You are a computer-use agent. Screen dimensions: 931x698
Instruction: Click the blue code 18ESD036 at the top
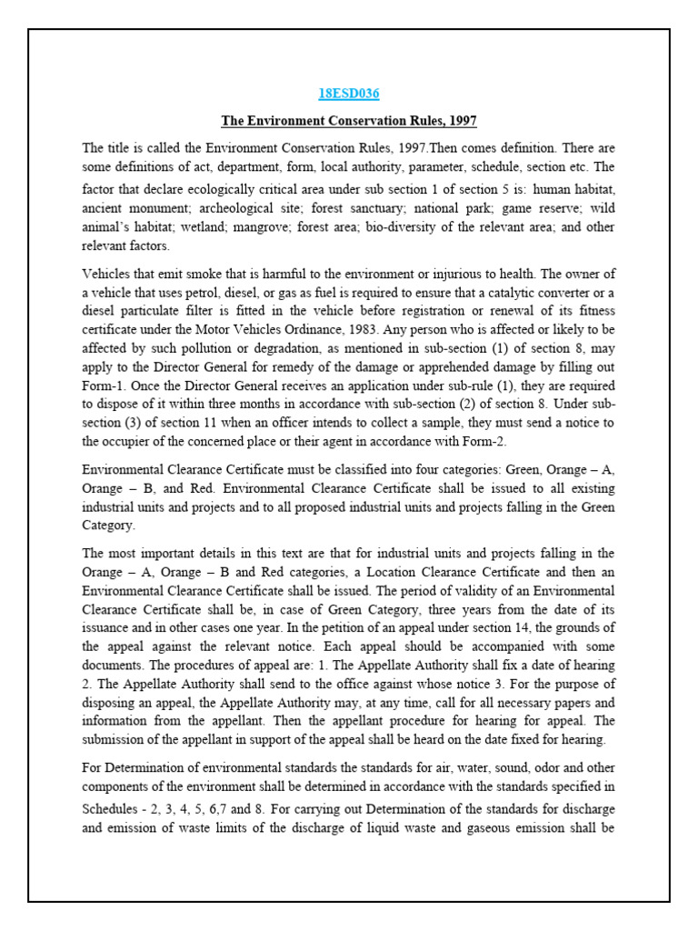[349, 94]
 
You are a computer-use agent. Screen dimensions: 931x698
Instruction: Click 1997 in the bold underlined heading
[461, 120]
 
